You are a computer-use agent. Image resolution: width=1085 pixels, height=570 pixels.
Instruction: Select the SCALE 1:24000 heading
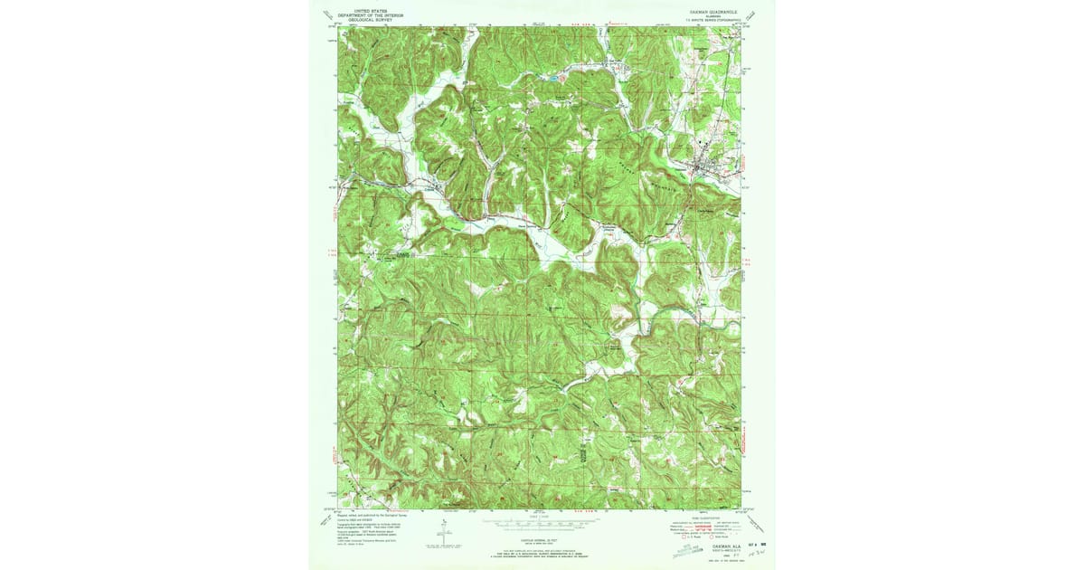coord(542,516)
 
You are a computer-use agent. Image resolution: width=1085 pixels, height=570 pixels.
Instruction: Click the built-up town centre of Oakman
coord(704,167)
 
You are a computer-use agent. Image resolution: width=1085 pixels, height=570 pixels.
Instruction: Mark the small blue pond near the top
coord(551,80)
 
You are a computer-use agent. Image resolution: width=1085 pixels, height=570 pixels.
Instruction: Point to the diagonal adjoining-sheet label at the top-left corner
coord(327,15)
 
